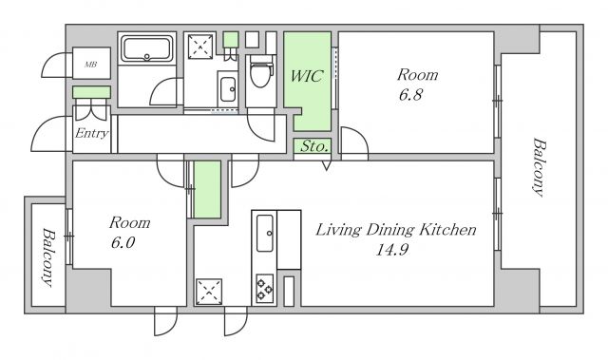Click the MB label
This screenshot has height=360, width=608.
coord(91,65)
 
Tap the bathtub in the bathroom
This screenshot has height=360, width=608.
coord(146,48)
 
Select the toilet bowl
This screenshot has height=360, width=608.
coord(260,71)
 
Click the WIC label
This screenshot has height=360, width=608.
coord(306,76)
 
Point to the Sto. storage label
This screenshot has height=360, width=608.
coord(314,146)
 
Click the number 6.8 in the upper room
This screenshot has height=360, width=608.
coord(410,95)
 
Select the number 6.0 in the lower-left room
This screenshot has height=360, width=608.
coord(123,242)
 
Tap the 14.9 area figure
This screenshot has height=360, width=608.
coord(392,250)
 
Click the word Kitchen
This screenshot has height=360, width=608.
coord(448,230)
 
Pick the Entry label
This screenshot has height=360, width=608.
coord(91,133)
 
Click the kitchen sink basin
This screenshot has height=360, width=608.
coord(265,233)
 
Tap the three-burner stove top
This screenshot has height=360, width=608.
coord(265,289)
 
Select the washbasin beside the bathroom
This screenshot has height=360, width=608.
coord(228,89)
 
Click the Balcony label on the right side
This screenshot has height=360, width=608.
coord(540,167)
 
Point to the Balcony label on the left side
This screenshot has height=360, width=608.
coord(48,257)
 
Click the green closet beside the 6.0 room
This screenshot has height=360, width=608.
coord(207,189)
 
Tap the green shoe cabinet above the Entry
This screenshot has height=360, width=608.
coord(91,92)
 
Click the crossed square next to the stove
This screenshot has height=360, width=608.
coord(209,292)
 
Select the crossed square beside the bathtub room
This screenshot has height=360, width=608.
coord(200,47)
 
